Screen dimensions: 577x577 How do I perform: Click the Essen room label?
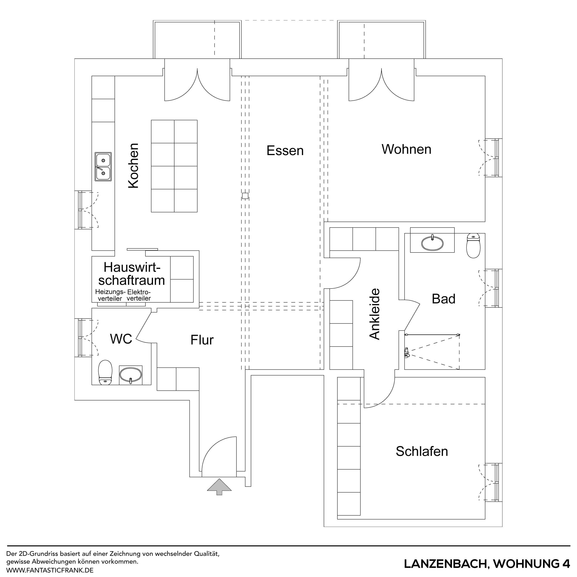point(285,150)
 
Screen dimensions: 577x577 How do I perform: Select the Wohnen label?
point(406,149)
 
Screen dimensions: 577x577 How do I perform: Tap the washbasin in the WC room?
point(130,375)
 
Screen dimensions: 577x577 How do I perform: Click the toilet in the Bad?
point(473,246)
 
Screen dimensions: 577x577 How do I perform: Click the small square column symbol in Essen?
point(245,196)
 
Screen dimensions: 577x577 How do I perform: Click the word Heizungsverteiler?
point(110,295)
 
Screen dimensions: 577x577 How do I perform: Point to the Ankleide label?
point(375,314)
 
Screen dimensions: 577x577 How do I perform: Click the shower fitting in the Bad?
point(407,353)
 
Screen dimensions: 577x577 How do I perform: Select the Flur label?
point(202,340)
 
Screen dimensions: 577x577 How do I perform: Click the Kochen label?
point(133,166)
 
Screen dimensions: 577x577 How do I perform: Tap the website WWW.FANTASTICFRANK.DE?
point(50,570)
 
